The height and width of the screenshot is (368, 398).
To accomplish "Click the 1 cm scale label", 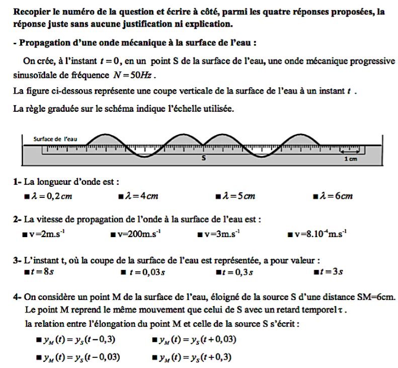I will (350, 159).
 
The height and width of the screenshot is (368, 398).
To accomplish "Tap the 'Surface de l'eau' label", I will (56, 139).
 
